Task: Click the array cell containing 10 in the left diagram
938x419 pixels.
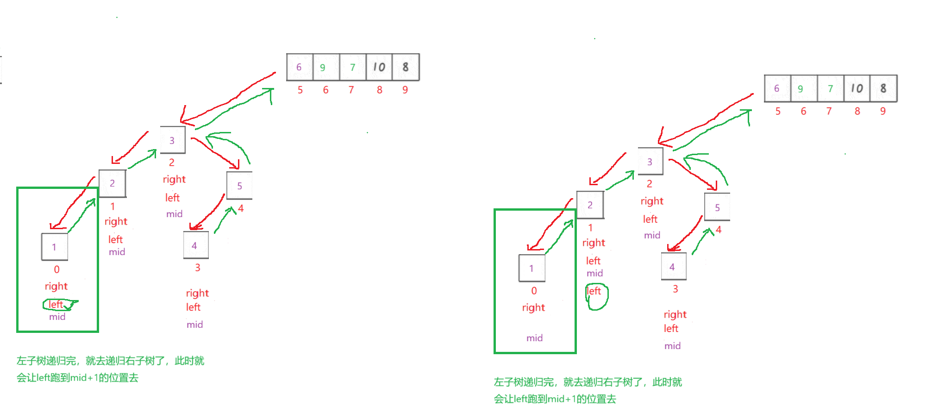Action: (379, 67)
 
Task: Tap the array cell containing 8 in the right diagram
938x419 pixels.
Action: (883, 88)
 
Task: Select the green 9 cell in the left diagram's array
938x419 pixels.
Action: (323, 67)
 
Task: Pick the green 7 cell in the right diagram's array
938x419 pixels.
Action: (830, 88)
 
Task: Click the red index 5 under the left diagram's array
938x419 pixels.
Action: (300, 90)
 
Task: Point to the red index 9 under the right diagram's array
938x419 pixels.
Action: (883, 111)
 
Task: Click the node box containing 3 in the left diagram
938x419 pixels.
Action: (172, 140)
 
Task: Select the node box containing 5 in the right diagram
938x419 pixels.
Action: (717, 207)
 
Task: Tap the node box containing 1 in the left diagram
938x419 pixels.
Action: (54, 247)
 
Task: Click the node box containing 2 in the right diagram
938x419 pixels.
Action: (590, 205)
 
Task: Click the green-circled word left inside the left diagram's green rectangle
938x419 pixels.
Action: (56, 304)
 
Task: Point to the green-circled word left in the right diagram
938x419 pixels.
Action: (594, 291)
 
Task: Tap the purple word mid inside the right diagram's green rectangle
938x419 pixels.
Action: (534, 338)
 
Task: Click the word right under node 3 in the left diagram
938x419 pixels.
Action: (174, 180)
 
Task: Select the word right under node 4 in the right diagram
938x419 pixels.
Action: (675, 315)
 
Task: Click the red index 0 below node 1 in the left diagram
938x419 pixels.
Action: (56, 269)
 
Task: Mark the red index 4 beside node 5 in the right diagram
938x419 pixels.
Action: (719, 230)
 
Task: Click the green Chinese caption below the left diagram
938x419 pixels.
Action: (110, 369)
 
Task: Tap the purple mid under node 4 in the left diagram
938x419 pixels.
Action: (194, 325)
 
